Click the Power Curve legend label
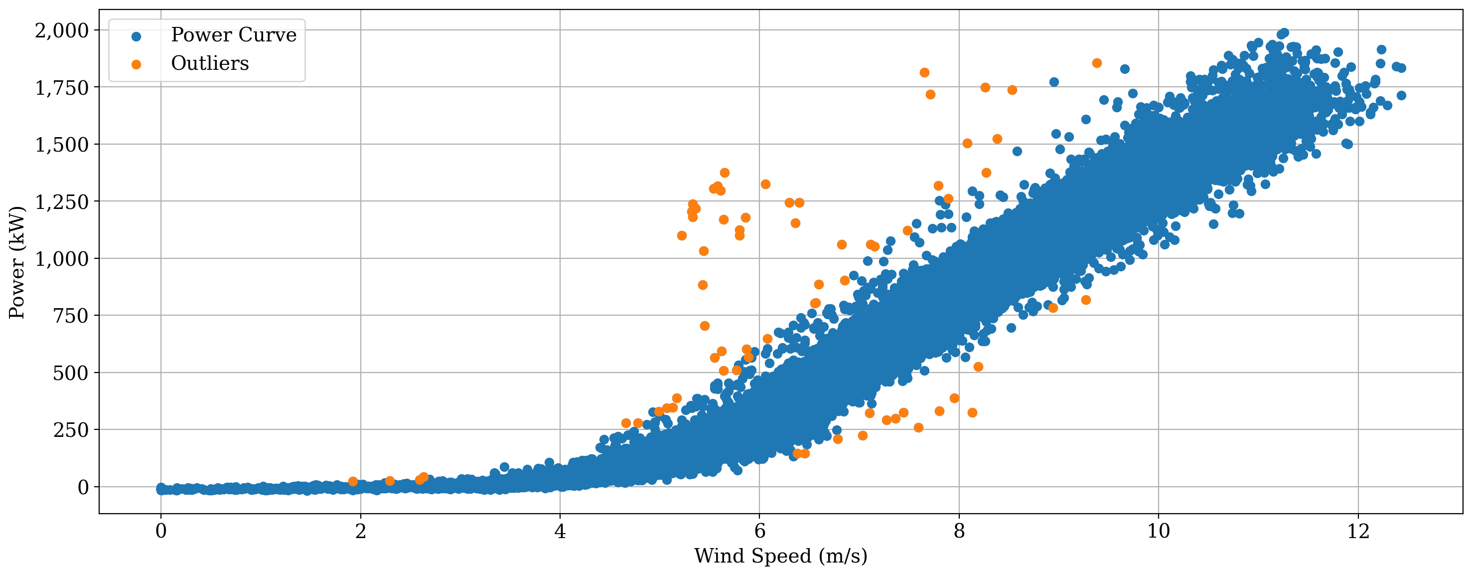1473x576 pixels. coord(234,35)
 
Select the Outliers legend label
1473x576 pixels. coord(210,63)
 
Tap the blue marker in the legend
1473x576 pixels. coord(136,36)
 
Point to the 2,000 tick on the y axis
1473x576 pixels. coord(62,30)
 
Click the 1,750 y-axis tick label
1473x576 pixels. coord(62,87)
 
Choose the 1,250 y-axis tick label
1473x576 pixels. coord(62,201)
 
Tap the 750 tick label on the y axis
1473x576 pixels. coord(71,316)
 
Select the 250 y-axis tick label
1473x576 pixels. coord(71,429)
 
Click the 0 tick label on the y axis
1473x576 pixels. coord(84,487)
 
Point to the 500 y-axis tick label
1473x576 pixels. coord(71,373)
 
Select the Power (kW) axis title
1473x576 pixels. coord(17,262)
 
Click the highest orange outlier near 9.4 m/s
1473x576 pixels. coord(1097,63)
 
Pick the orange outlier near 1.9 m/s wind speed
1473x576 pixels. coord(353,482)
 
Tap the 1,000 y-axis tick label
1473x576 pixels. coord(62,258)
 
